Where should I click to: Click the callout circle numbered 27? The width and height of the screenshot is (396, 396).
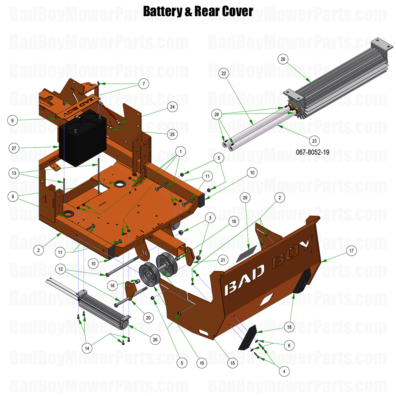point(14,148)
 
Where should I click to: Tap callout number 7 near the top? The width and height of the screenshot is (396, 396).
point(143,84)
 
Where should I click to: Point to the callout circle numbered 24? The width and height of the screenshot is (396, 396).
point(172,107)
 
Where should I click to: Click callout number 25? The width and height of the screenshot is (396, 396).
point(172,133)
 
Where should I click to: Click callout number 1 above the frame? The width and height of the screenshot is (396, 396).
point(181,152)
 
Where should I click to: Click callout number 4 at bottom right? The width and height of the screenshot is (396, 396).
point(284,371)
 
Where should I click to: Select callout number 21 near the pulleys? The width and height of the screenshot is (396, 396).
point(222,259)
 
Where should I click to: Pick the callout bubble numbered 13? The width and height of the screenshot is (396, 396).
point(14,173)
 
